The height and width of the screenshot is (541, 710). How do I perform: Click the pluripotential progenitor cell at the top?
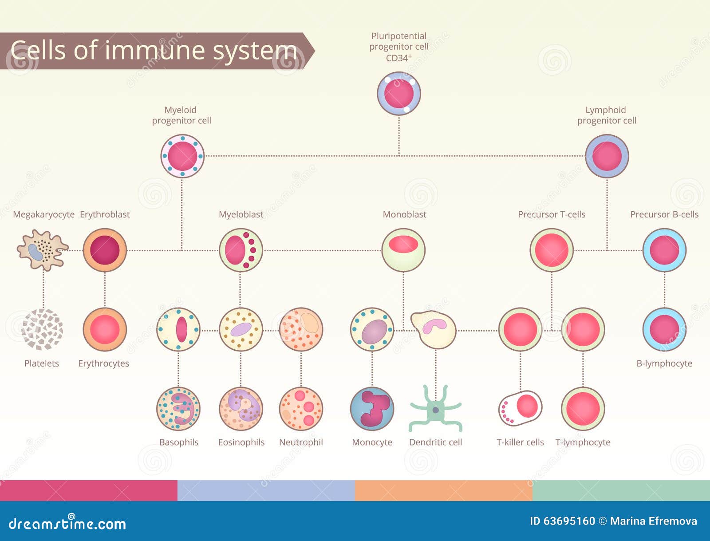pyautogui.click(x=399, y=94)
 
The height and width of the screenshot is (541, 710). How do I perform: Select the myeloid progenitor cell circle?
pyautogui.click(x=182, y=156)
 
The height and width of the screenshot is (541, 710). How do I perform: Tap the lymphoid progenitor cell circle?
pyautogui.click(x=607, y=156)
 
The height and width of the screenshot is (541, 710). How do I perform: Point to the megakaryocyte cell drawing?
pyautogui.click(x=42, y=250)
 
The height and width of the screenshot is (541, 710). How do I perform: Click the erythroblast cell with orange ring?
pyautogui.click(x=105, y=250)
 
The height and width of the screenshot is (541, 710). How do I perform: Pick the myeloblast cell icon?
pyautogui.click(x=241, y=250)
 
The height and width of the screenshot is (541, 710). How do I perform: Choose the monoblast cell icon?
pyautogui.click(x=403, y=250)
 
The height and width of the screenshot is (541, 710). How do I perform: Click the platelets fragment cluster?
pyautogui.click(x=42, y=329)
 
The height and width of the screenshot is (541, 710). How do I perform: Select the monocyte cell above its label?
pyautogui.click(x=372, y=409)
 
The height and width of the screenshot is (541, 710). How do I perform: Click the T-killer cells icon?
pyautogui.click(x=520, y=408)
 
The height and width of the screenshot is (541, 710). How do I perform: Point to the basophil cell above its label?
pyautogui.click(x=178, y=409)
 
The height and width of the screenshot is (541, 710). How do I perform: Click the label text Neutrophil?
pyautogui.click(x=301, y=442)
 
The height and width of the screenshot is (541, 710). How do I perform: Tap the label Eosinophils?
pyautogui.click(x=241, y=442)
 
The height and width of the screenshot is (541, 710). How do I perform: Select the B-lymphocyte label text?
pyautogui.click(x=664, y=363)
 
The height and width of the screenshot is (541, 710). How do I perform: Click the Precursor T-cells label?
pyautogui.click(x=551, y=214)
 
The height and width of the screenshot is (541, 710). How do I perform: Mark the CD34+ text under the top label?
pyautogui.click(x=398, y=58)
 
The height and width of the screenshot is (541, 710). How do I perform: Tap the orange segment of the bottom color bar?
pyautogui.click(x=443, y=490)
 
